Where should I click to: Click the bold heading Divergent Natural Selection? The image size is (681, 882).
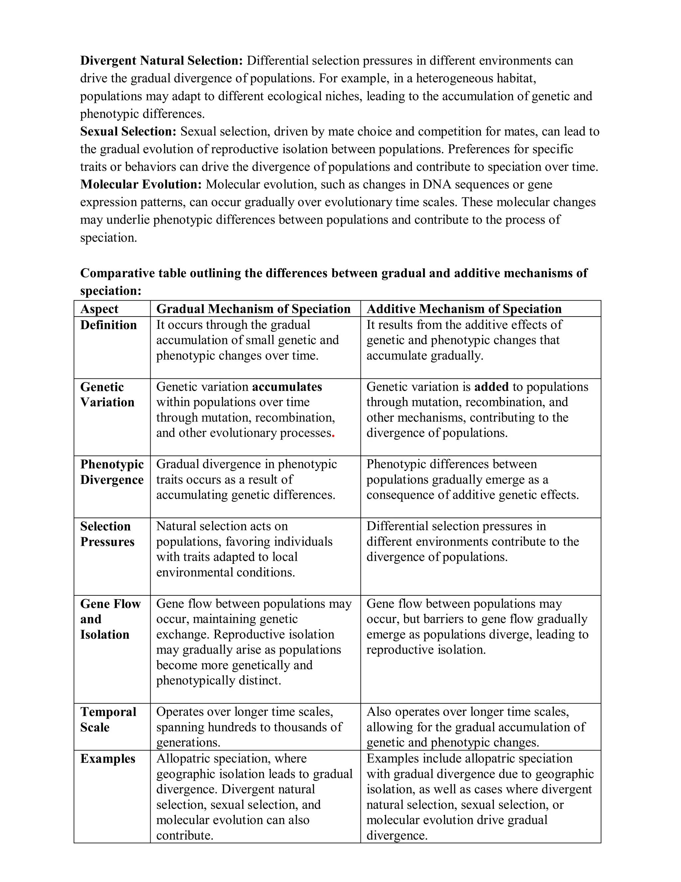coord(161,61)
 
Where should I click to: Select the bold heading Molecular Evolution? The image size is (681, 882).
coord(141,185)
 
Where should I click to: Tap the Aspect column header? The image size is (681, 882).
coord(99,309)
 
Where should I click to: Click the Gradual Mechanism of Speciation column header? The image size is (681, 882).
coord(253,309)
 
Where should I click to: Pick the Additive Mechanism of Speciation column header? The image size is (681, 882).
coord(464,309)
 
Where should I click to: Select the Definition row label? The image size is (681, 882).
coord(108,325)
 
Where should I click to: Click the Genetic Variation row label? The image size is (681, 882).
coord(107,394)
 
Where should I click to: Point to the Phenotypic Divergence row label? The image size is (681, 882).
coord(112,472)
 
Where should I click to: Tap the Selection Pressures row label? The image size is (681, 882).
coord(107,534)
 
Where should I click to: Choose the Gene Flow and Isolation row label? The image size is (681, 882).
coord(110,619)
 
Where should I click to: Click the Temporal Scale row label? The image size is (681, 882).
coord(108,719)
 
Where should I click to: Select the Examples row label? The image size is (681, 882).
coord(108,759)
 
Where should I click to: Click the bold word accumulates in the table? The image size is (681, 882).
coord(287,387)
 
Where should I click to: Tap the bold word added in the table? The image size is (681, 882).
coord(491,387)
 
